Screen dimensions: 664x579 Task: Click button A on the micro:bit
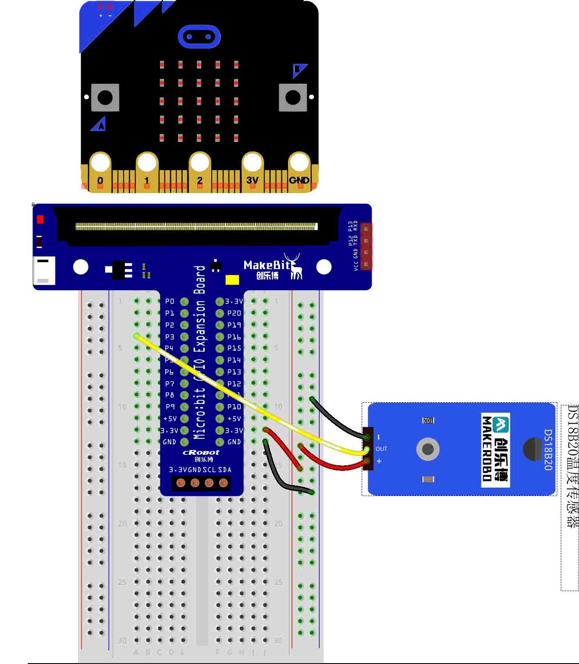(x=105, y=97)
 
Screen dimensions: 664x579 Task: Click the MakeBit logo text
(x=266, y=265)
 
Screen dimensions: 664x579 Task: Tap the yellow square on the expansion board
(x=232, y=280)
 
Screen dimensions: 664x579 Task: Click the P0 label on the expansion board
(x=170, y=301)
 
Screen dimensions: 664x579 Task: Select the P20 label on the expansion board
(x=234, y=313)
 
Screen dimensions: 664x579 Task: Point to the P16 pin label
(x=234, y=337)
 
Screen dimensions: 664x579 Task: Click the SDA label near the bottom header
(x=225, y=470)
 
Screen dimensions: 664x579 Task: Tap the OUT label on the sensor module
(x=381, y=449)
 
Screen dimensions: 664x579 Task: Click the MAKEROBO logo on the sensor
(x=495, y=449)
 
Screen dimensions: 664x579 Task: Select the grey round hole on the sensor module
(x=428, y=449)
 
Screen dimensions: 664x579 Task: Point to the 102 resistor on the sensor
(x=428, y=420)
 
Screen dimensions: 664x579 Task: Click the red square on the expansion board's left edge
(x=40, y=220)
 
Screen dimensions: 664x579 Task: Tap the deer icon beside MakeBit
(x=294, y=266)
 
